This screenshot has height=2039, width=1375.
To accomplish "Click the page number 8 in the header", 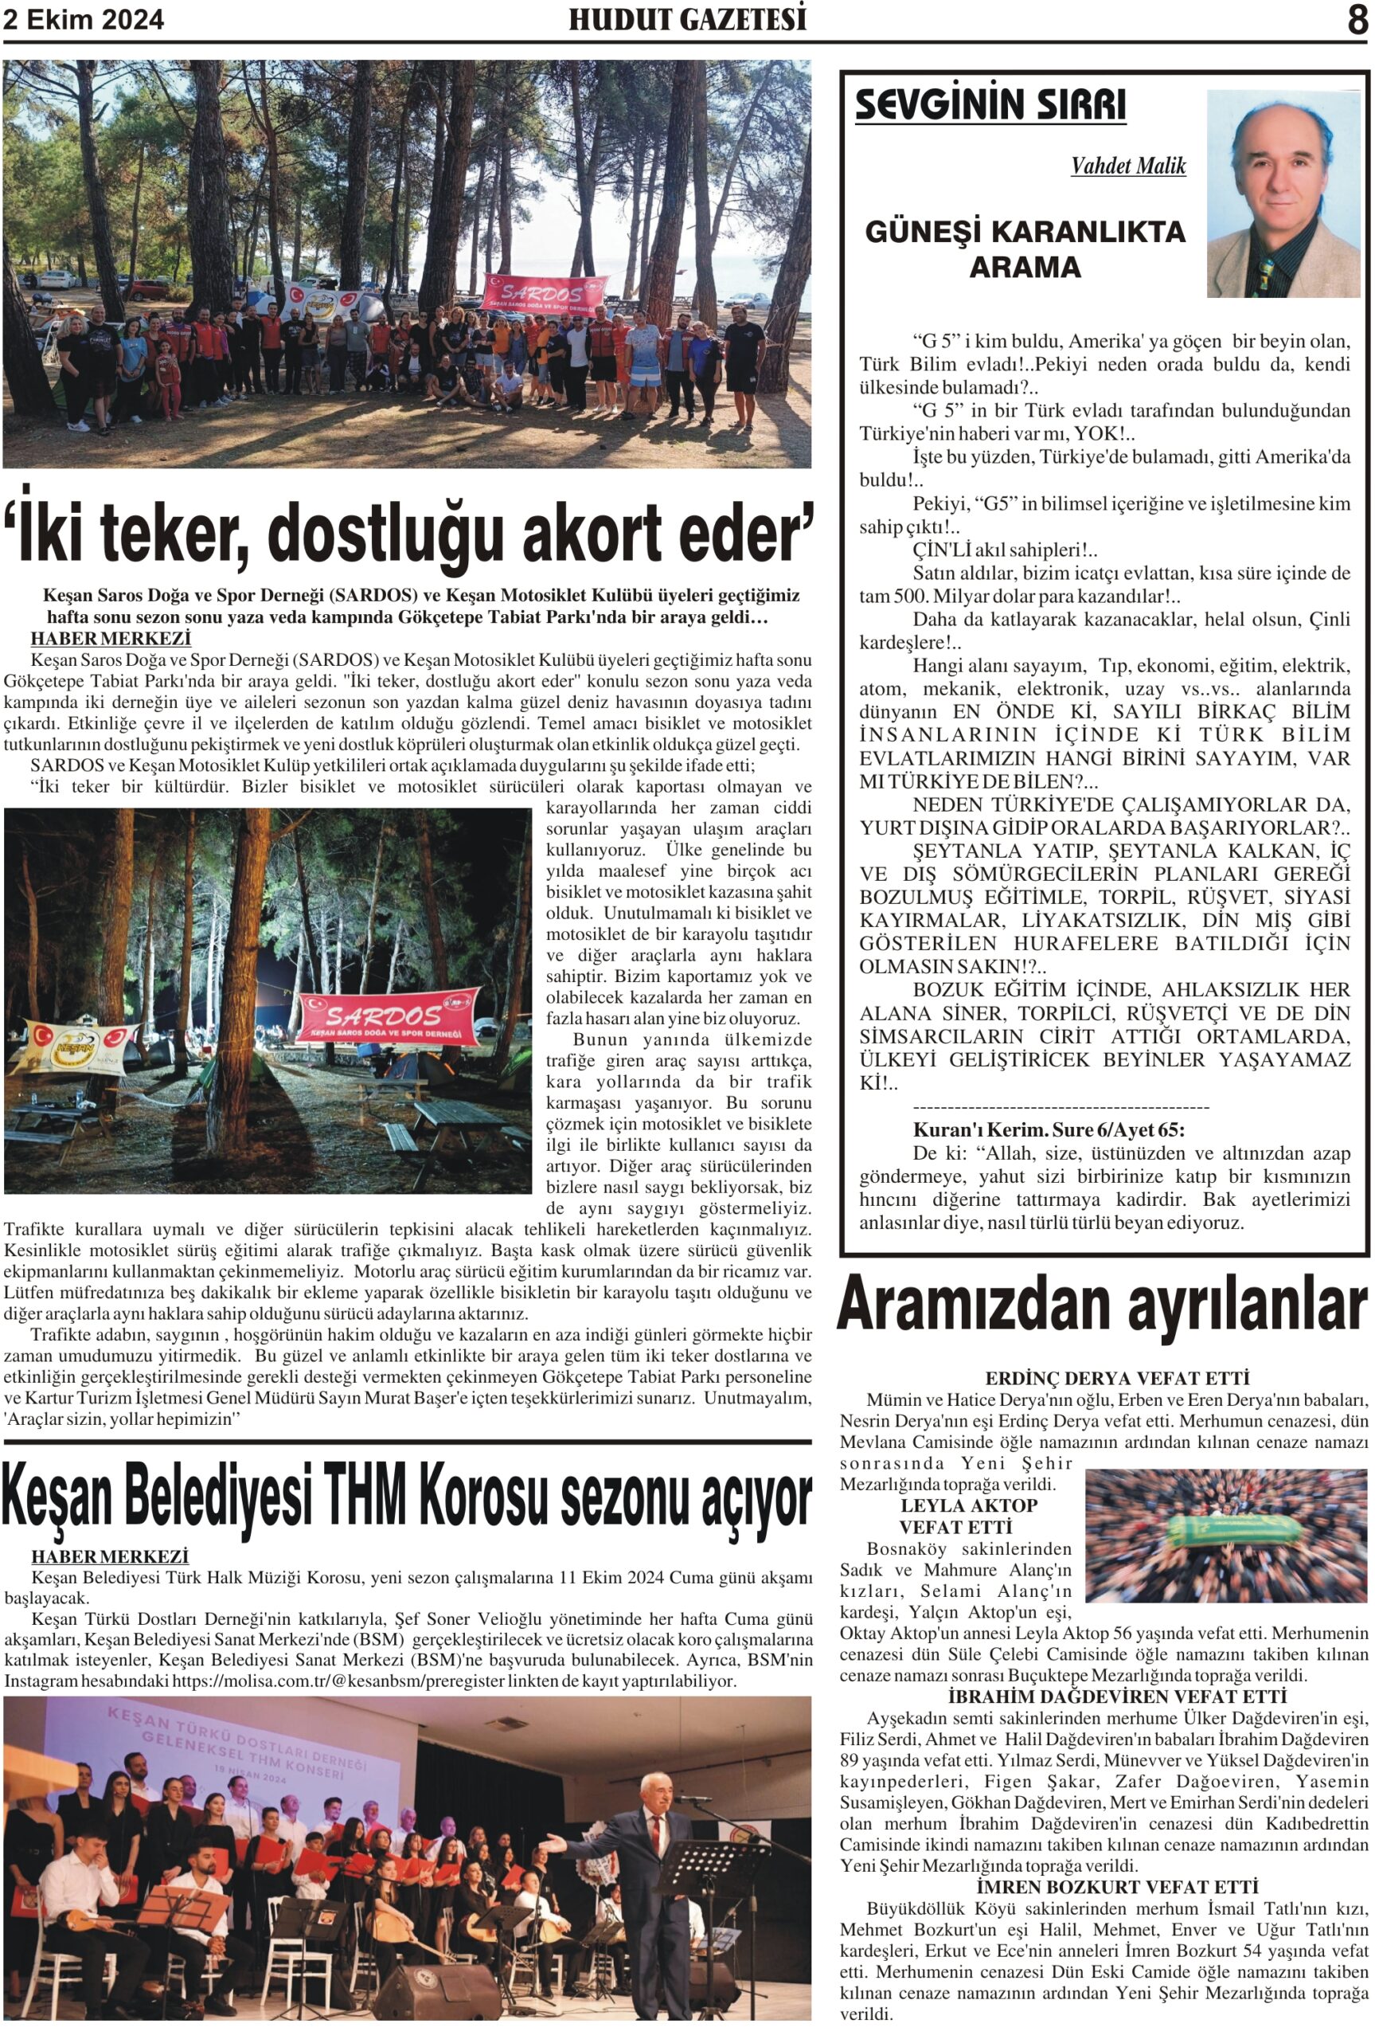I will pos(1357,20).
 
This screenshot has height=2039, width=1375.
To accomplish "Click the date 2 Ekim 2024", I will pos(84,20).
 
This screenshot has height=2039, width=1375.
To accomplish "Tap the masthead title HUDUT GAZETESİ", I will pos(688,20).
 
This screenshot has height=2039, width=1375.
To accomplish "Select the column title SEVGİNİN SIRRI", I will pos(990,106).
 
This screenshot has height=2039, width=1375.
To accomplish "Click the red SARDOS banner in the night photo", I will pos(388,1018).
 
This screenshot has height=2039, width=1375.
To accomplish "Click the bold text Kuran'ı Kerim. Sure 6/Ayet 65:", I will pos(1048,1129).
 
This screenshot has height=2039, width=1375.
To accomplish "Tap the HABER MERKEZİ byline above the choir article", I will pos(110,1556).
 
